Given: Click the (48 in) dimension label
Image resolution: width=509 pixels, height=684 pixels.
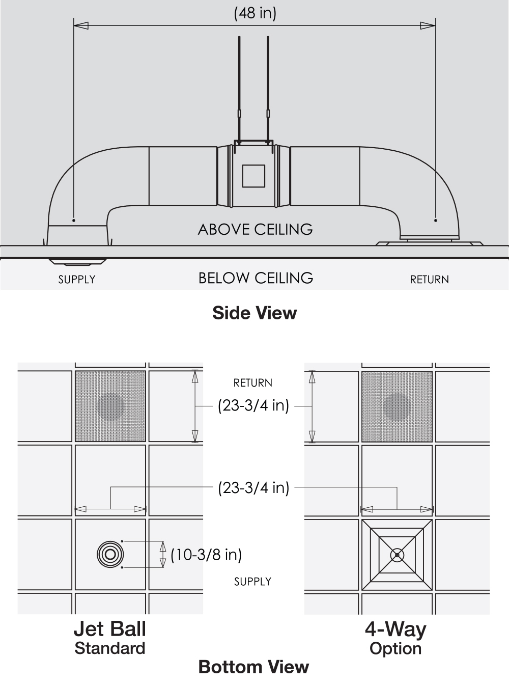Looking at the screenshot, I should point(255,13).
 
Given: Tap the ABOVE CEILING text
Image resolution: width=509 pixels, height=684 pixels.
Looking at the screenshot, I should point(255,229).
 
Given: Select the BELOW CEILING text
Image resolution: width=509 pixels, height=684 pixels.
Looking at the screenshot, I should point(256,278).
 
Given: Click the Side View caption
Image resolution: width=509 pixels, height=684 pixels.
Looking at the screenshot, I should point(254,313).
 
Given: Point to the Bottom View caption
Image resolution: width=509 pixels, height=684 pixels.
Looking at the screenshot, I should point(253,667).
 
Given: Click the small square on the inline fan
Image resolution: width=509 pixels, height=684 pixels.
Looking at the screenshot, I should point(253,176).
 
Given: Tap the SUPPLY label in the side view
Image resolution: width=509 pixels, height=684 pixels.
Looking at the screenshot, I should point(76,280).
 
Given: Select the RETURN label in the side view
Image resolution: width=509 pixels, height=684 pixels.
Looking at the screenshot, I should point(429,280).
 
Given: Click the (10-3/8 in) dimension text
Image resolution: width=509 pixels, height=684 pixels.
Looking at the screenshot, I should point(206,554).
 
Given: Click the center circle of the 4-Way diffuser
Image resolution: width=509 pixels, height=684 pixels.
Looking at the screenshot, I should point(397,555).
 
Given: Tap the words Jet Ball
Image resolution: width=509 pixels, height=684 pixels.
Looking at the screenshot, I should point(109,629).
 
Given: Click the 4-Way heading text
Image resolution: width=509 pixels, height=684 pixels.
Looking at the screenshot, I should point(395,630).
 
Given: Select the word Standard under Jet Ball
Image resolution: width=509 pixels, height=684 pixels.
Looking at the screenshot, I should point(109,648).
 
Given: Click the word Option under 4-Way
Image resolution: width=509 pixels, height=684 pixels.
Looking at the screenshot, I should point(395,648).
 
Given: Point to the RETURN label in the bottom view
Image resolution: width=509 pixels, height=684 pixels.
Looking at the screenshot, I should point(252,383).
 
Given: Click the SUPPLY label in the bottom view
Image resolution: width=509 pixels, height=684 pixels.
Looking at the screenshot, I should point(252,582).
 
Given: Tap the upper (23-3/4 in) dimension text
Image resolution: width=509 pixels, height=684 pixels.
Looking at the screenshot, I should point(253,406).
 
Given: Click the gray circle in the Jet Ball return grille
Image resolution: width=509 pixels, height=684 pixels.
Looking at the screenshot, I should point(110,406).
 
